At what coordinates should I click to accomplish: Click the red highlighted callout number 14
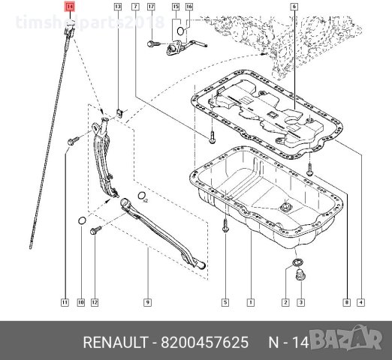[70, 7]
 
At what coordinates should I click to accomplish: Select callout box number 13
[117, 7]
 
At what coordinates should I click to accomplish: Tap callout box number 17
[151, 7]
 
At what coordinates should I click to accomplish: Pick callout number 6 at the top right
[295, 7]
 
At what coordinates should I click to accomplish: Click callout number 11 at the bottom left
[65, 302]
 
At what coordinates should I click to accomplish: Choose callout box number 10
[80, 302]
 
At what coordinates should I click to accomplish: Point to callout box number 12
[95, 302]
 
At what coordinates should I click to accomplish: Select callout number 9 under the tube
[148, 302]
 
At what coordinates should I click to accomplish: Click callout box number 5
[225, 302]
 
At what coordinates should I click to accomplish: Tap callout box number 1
[250, 302]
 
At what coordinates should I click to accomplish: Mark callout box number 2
[285, 302]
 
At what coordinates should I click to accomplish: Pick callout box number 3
[300, 302]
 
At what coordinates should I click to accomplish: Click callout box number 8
[346, 302]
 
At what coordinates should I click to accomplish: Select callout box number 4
[361, 302]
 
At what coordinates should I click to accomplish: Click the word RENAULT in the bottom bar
[117, 343]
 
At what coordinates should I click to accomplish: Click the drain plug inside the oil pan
[287, 205]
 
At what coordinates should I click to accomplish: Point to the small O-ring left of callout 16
[179, 33]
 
